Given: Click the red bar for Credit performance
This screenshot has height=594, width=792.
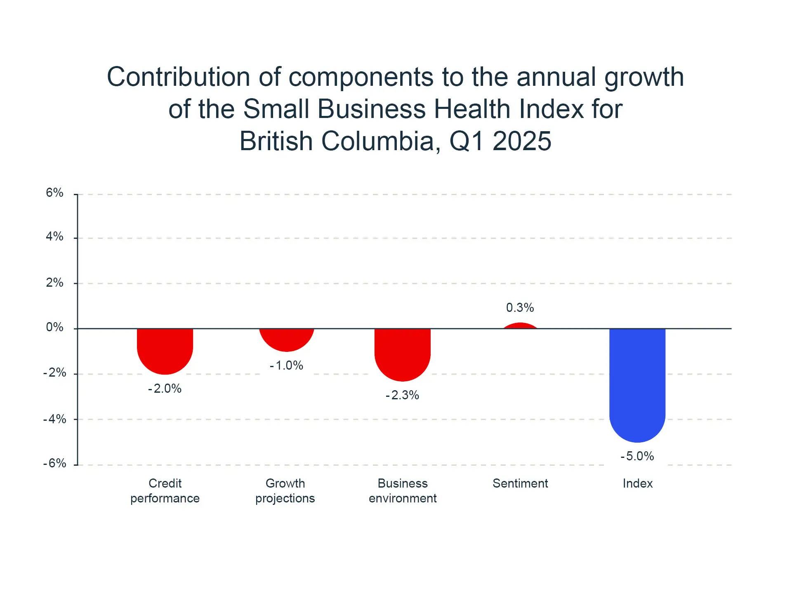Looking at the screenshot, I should click(165, 351).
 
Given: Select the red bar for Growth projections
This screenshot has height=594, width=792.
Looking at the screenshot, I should click(287, 339).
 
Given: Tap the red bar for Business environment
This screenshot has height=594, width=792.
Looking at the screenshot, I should click(403, 354).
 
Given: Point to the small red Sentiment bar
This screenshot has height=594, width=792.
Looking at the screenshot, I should click(520, 326).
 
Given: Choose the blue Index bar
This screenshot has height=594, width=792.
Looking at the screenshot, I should click(637, 384).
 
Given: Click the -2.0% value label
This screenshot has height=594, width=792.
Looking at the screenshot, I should click(165, 389).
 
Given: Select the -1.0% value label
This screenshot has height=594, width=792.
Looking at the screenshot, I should click(287, 365).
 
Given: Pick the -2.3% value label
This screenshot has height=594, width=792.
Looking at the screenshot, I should click(403, 395).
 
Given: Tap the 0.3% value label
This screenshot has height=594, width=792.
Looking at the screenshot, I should click(520, 308).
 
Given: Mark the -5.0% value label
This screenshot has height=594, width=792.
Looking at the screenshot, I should click(637, 456).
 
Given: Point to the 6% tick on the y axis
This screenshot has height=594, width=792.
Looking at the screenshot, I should click(55, 193).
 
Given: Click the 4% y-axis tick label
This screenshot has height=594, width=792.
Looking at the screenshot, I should click(55, 236).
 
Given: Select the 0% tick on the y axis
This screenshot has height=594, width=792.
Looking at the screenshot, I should click(55, 328).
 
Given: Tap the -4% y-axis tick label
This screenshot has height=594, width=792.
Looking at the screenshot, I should click(55, 419).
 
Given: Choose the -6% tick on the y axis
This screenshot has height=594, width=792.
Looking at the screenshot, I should click(55, 463).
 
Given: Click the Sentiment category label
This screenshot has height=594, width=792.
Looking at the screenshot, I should click(520, 483).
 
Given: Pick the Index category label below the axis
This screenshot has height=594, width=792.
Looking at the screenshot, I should click(638, 483).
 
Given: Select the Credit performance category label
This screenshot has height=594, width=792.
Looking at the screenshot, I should click(165, 491).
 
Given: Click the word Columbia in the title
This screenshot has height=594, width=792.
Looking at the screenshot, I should click(378, 141).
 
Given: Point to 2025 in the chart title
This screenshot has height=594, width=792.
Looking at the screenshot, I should click(522, 141).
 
